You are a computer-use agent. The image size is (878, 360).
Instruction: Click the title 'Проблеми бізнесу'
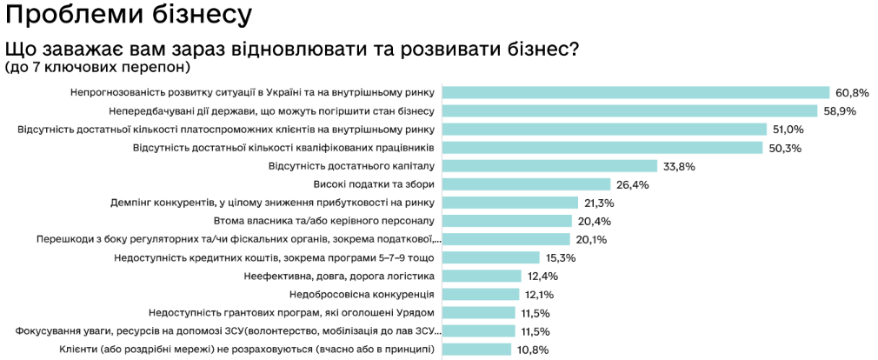coord(129,15)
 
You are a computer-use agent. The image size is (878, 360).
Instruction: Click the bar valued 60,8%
coord(636,92)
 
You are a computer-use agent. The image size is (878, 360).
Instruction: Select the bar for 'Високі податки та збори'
coord(527,184)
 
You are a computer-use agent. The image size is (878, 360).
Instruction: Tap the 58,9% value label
coord(840,110)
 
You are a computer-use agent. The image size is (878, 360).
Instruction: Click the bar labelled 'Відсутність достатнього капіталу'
coord(550,166)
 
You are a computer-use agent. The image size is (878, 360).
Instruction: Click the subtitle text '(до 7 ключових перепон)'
coord(97,67)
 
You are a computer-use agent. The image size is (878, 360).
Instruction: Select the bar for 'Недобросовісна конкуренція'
coord(482,295)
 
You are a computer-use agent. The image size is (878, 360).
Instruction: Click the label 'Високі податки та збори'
coord(374,184)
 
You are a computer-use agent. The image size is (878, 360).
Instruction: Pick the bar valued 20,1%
coord(507,239)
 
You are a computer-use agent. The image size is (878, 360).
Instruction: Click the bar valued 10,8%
coord(477,350)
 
